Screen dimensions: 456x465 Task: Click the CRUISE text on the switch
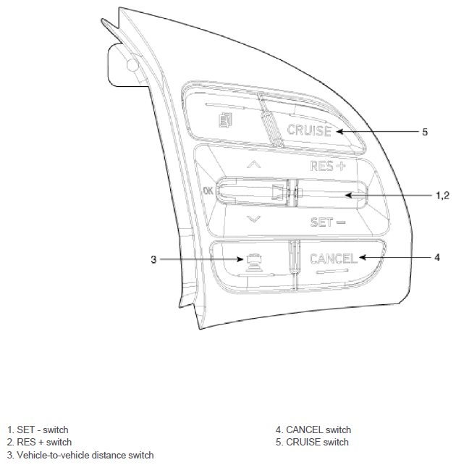click(x=309, y=130)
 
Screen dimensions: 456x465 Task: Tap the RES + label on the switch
click(x=328, y=166)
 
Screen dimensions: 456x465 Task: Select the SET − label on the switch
click(x=328, y=222)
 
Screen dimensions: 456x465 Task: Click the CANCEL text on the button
click(x=334, y=259)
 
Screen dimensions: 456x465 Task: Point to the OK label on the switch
click(x=208, y=190)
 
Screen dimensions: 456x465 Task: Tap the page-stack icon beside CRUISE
click(x=226, y=120)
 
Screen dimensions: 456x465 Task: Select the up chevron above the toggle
click(x=254, y=164)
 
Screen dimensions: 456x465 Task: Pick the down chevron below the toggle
click(x=254, y=219)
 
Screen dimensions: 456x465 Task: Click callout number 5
click(x=425, y=132)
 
